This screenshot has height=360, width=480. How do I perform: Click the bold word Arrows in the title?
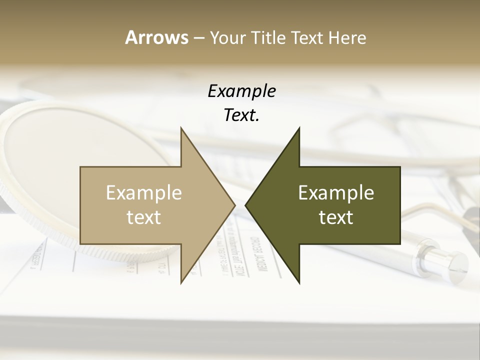[156, 37]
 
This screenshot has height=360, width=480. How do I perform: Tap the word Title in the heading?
[266, 37]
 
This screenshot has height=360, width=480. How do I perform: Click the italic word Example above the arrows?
[241, 91]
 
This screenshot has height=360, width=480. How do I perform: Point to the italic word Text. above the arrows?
[241, 115]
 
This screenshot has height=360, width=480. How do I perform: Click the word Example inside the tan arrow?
[144, 192]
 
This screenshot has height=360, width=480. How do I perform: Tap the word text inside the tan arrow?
[144, 217]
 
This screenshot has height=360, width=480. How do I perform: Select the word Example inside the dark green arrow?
[336, 192]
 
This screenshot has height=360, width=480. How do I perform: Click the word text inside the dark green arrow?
[336, 217]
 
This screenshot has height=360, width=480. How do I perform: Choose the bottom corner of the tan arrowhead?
[181, 282]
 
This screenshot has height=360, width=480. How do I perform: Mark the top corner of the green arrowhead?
[299, 128]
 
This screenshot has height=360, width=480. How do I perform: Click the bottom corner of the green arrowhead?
[299, 282]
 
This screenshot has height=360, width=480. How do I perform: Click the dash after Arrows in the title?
[198, 38]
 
